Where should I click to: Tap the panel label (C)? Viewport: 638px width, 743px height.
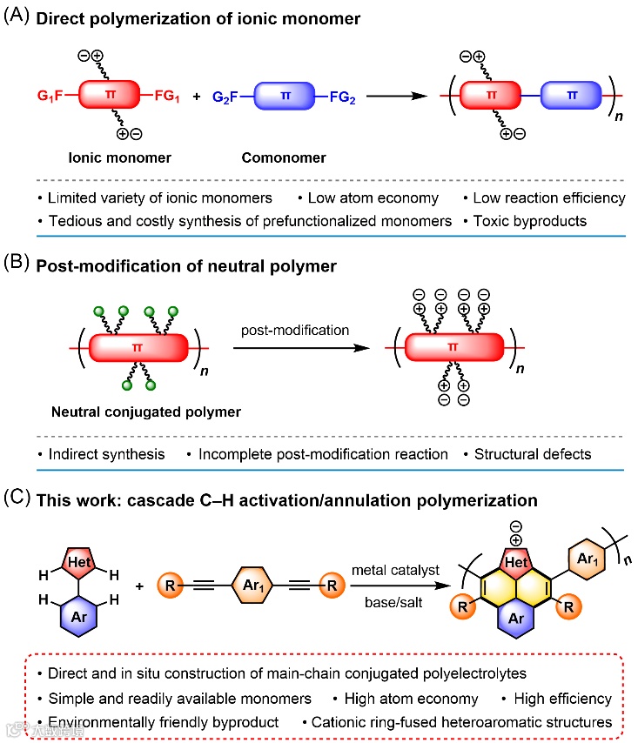(x=18, y=499)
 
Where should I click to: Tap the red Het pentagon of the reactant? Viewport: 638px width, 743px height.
(x=75, y=564)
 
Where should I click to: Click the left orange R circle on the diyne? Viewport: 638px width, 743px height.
(x=171, y=586)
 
